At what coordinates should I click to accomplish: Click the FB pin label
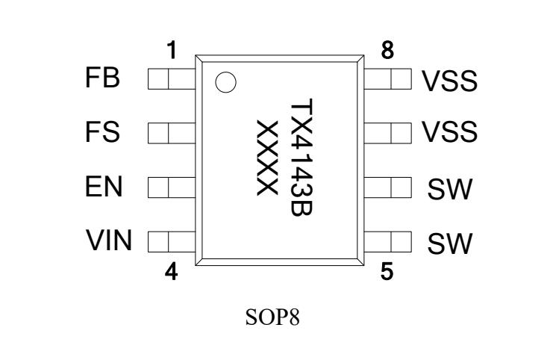[104, 79]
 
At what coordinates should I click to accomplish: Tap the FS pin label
[103, 134]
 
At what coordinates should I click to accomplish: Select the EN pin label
[104, 187]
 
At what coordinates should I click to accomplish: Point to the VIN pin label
[109, 241]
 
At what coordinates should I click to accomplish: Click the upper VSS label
[449, 81]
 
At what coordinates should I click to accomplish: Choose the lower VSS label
[449, 134]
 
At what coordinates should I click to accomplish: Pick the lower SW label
[450, 243]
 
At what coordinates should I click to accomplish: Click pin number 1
[172, 51]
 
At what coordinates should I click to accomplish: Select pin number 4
[172, 271]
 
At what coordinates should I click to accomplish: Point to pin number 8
[387, 51]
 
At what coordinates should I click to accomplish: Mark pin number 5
[387, 271]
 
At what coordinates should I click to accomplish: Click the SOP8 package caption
[277, 319]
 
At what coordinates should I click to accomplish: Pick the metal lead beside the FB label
[171, 78]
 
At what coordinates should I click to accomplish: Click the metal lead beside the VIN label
[171, 241]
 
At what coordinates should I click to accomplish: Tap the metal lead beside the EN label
[171, 187]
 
